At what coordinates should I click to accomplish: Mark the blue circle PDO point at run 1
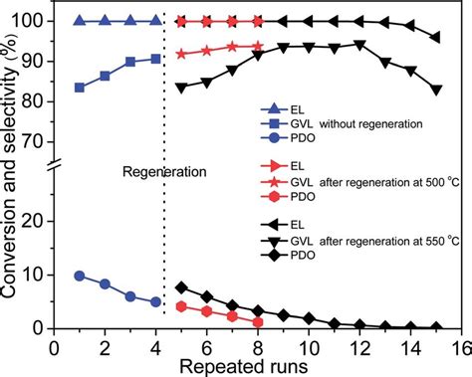coord(80,276)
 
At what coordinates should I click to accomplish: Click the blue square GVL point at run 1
coord(80,88)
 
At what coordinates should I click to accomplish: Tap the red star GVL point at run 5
coord(180,54)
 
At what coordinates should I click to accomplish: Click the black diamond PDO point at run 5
coord(180,286)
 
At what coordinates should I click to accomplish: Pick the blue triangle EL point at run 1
coord(80,20)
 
